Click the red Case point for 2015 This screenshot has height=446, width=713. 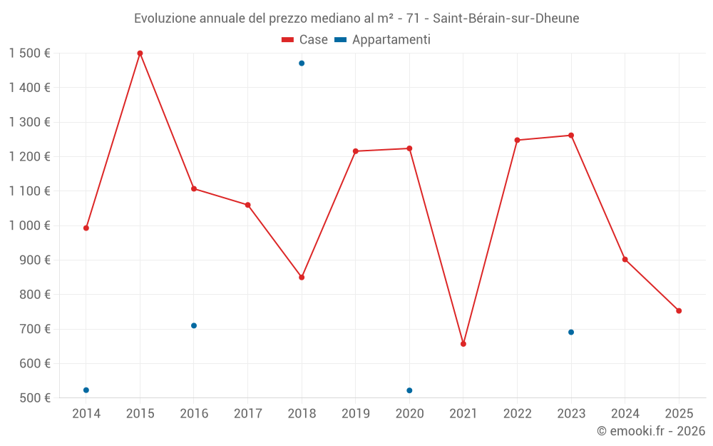[x=140, y=53]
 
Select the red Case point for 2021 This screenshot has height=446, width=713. [x=463, y=344]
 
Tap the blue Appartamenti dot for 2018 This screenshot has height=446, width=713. [x=302, y=64]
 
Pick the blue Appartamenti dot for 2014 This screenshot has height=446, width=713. [x=86, y=390]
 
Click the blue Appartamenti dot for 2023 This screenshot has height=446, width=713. [x=571, y=333]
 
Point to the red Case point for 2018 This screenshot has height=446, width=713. [x=302, y=278]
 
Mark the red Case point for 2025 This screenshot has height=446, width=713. [x=679, y=311]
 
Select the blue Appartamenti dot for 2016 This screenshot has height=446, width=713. [x=194, y=325]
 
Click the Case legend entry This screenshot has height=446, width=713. [x=305, y=40]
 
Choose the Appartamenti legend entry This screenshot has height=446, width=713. [x=383, y=40]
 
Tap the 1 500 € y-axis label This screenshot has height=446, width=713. [x=29, y=54]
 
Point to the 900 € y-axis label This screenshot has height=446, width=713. [x=34, y=260]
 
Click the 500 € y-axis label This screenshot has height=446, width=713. [x=34, y=398]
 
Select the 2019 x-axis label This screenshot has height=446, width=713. [x=355, y=414]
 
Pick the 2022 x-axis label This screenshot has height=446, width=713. [x=517, y=414]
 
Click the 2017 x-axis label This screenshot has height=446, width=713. [x=247, y=414]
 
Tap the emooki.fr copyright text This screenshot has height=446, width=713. [x=650, y=431]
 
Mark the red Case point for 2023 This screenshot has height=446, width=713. [x=571, y=136]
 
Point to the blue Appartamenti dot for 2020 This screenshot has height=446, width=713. [x=409, y=390]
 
